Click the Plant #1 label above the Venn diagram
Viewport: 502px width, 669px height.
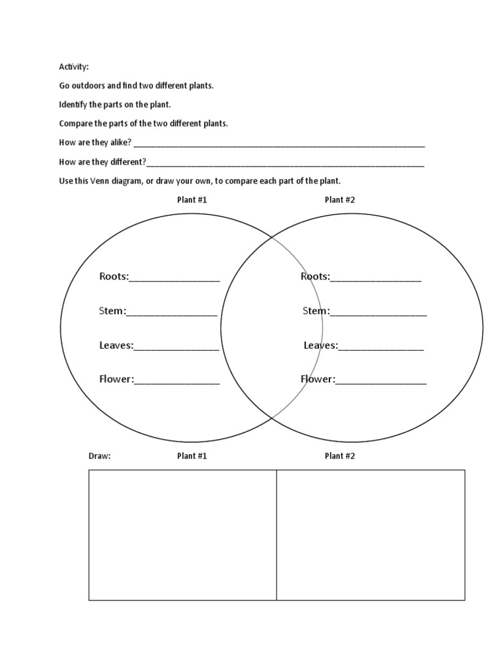192,200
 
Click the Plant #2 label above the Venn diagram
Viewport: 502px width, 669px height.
339,200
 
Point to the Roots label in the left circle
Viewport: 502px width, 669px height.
114,276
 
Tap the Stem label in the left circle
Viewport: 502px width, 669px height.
112,311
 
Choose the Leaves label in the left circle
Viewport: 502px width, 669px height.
116,345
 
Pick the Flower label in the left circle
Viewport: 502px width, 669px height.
116,379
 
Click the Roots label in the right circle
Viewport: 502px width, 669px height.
314,276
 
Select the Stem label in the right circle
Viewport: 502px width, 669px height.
316,311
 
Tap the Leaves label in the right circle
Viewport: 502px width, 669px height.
320,345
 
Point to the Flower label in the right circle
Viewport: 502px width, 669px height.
317,379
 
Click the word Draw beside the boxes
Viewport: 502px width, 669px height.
99,456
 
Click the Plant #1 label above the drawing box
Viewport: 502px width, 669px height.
192,456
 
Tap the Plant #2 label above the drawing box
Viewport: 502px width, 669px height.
339,456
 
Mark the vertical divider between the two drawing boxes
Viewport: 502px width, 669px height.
276,534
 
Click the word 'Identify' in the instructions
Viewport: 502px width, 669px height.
73,105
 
